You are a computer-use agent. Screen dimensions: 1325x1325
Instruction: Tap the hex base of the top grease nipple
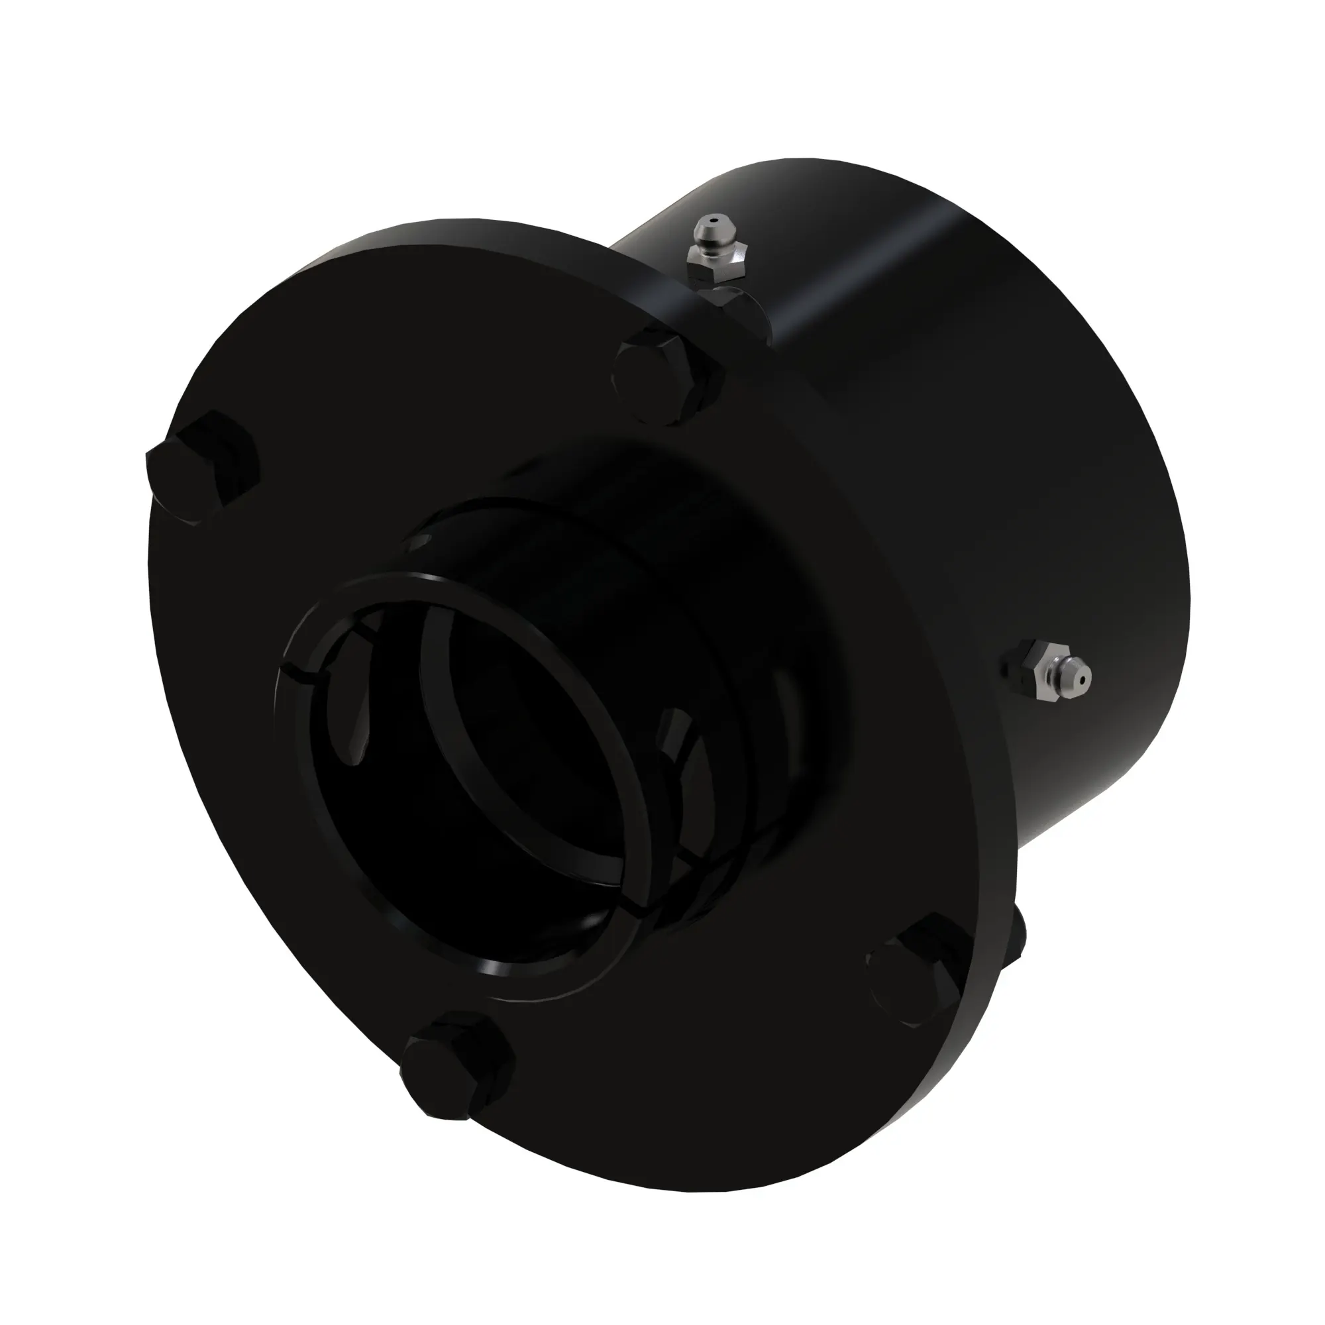coord(717,264)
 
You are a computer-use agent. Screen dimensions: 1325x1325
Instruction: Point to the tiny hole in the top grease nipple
coord(714,223)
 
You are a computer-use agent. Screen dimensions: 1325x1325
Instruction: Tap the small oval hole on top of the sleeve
coord(420,542)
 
